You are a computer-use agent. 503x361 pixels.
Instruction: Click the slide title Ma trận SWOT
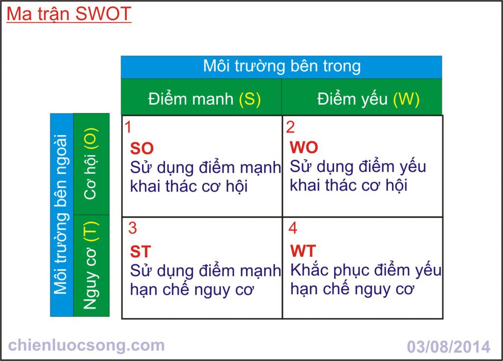pos(69,14)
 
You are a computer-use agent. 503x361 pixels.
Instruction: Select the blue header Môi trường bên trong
pos(281,66)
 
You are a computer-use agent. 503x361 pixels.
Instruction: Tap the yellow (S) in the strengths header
pos(250,99)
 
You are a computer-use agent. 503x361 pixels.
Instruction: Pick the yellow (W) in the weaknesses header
pos(406,99)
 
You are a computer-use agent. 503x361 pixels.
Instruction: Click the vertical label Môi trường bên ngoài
pos(61,214)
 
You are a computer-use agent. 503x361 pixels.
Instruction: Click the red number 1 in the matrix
pos(128,127)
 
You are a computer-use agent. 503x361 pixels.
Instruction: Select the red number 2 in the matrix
pos(290,127)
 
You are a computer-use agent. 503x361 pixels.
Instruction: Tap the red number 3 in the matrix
pos(133,228)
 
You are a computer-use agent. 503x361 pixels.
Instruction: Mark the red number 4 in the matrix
pos(293,228)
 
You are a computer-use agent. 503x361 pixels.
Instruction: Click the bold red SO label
pos(142,148)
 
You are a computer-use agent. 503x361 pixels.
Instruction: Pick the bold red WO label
pos(304,148)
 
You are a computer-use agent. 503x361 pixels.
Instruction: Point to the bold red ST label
pos(140,251)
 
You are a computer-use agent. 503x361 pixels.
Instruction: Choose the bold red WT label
pos(303,251)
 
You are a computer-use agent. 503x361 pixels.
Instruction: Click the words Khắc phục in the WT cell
pos(330,270)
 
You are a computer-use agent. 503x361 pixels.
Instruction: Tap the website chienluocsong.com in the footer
pos(86,346)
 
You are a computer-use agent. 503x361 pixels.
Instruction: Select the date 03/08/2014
pos(448,347)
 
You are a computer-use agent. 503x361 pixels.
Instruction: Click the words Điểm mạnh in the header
pos(191,98)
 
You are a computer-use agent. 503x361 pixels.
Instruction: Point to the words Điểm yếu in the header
pos(352,99)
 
